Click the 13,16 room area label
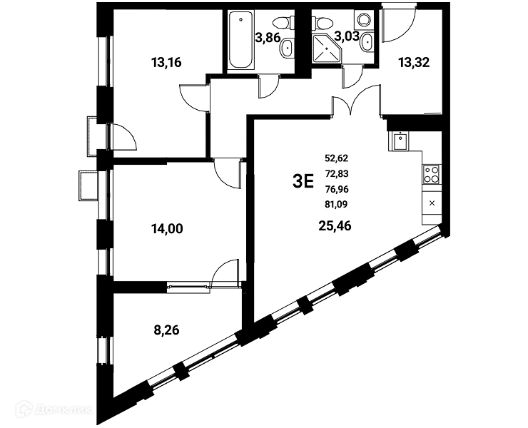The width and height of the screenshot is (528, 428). point(166,62)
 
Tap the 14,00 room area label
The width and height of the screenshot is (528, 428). point(167,229)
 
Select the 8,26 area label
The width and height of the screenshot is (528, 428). point(166,330)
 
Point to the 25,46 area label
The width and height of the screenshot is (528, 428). point(335,226)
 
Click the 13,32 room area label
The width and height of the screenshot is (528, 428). point(414,62)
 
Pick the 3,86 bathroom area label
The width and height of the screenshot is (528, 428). point(268,38)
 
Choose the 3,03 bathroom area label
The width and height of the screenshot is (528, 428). point(347,36)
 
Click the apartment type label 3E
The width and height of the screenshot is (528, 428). point(303,181)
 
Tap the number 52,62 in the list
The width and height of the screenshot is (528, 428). point(336,158)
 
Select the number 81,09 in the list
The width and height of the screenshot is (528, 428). point(336,204)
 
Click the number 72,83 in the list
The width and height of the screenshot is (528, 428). point(336,174)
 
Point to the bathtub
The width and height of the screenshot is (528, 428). point(240,41)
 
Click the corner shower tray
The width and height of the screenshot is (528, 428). point(326,49)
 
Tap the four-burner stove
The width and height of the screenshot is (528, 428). point(432,175)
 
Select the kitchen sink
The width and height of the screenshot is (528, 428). point(400,141)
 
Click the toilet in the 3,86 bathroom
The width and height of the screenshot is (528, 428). point(282,23)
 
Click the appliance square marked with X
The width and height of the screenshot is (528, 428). point(432,203)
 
